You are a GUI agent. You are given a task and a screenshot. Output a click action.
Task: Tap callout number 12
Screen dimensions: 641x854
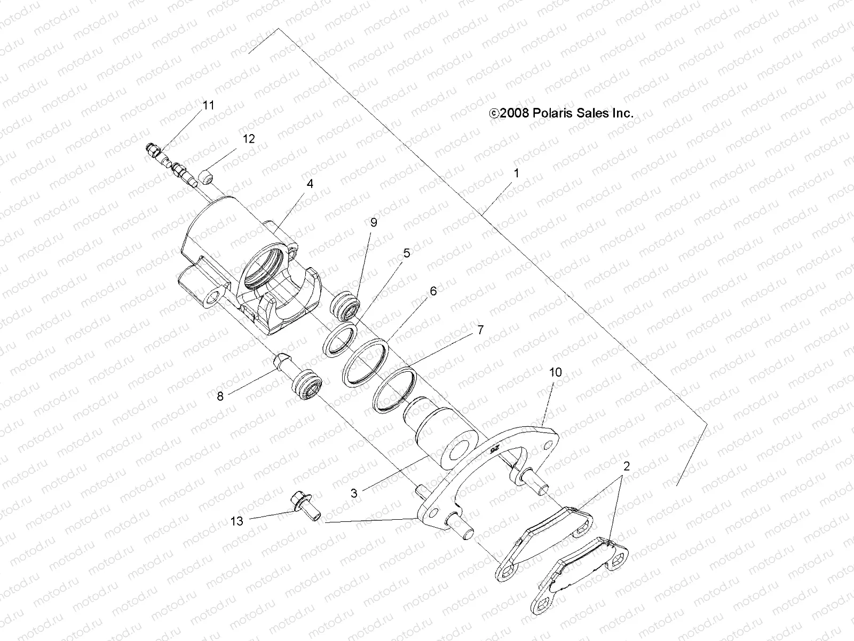[x=249, y=139]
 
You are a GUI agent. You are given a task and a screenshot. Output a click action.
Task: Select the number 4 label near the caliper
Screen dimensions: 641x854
[x=310, y=184]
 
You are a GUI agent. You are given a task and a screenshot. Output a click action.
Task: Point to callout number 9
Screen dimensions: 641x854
[x=389, y=222]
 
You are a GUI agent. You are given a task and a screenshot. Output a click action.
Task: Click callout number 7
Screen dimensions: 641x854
[x=480, y=330]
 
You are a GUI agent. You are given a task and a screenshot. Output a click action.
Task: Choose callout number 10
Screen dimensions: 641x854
[x=555, y=372]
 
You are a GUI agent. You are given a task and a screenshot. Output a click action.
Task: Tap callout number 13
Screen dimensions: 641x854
[x=237, y=521]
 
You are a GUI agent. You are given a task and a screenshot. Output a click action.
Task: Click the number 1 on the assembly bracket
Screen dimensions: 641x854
[x=516, y=174]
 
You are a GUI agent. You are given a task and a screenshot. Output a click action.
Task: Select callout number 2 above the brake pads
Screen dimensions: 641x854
[x=627, y=466]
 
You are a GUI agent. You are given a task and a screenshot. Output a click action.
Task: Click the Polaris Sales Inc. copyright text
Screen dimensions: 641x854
[x=561, y=113]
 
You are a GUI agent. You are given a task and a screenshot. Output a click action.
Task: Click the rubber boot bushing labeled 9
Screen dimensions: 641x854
[x=346, y=307]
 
